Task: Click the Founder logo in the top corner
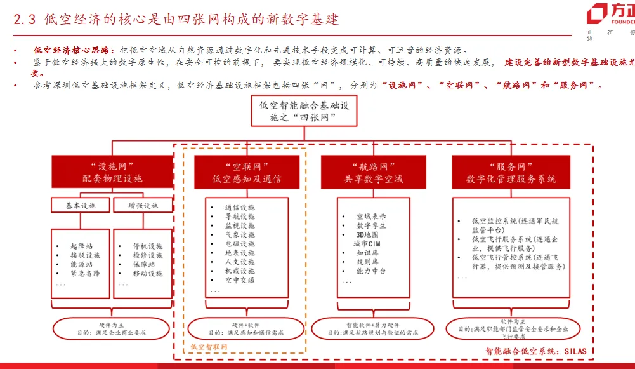tap(609, 14)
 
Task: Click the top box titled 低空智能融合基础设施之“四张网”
tap(303, 111)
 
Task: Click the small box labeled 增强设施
tap(143, 205)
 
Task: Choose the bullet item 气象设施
tap(240, 234)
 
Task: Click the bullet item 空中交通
tap(240, 280)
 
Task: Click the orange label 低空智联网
tap(208, 347)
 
